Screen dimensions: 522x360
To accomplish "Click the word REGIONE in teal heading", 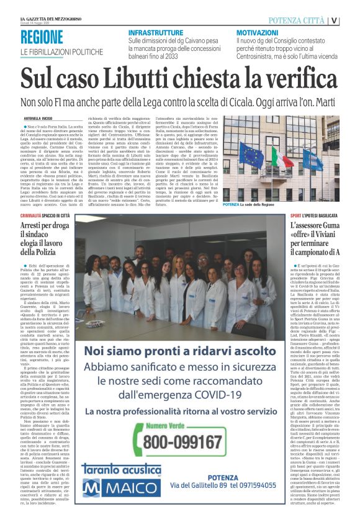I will pyautogui.click(x=41, y=37).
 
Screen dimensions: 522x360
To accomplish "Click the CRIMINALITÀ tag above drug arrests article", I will pyautogui.click(x=35, y=215).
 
